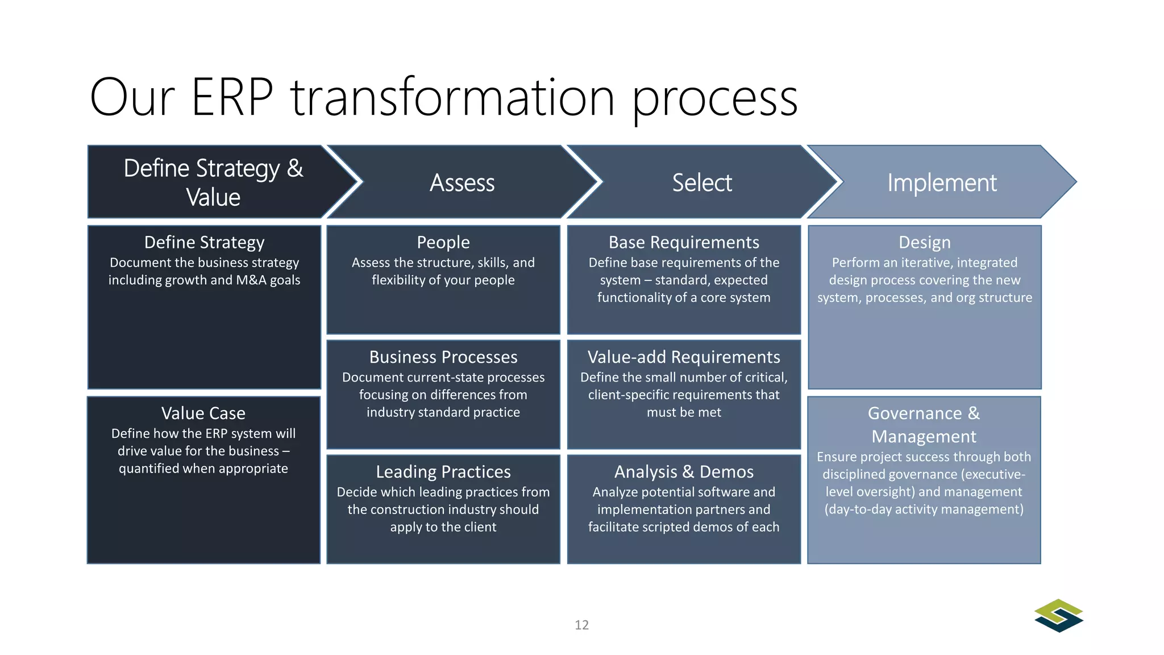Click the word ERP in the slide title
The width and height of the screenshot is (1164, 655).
coord(232,98)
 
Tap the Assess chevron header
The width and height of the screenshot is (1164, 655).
coord(462,183)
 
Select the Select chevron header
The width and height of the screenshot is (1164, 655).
coord(701,183)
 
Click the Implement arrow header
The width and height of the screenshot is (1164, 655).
coord(941,183)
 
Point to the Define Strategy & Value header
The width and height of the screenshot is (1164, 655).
coord(213,183)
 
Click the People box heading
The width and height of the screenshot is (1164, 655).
coord(443,242)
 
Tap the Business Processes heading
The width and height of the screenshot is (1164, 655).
coord(443,357)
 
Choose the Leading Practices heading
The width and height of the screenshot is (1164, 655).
coord(443,472)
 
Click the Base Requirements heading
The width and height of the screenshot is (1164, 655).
coord(683,242)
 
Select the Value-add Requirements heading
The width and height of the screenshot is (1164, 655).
coord(683,357)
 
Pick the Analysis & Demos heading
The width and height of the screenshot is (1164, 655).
coord(683,472)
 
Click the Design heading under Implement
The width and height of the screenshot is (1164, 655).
coord(924,242)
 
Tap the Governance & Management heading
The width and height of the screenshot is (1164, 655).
coord(924,425)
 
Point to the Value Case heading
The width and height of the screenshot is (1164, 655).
coord(203,413)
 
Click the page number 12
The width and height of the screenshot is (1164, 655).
coord(581,625)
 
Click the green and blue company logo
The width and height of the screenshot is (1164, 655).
coord(1058,615)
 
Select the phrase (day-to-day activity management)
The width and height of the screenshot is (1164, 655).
coord(924,509)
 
